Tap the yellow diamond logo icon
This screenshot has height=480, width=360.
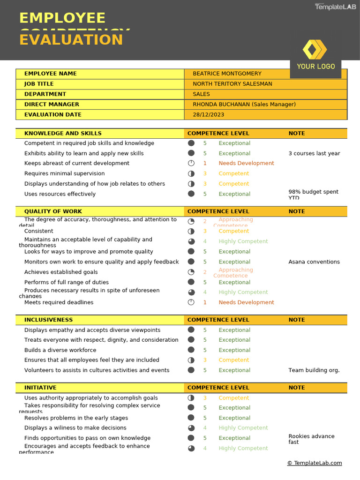point(315,50)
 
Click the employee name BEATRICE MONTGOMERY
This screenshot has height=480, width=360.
point(227,74)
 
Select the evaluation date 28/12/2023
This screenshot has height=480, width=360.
point(208,114)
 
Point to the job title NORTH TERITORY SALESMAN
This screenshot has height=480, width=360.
point(232,84)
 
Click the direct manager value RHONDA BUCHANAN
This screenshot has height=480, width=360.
point(244,104)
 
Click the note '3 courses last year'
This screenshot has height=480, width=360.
point(314,153)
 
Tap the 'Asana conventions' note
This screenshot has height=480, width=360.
point(314,262)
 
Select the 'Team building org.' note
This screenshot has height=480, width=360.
point(314,370)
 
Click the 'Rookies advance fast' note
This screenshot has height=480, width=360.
point(311,439)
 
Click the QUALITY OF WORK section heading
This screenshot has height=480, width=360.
point(53,211)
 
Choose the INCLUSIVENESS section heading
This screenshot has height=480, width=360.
point(48,320)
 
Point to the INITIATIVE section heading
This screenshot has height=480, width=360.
point(40,388)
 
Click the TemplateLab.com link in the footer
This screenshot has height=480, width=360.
point(315,463)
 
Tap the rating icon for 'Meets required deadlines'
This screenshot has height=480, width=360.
point(191,302)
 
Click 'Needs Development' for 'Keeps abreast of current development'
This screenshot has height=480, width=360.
point(246,163)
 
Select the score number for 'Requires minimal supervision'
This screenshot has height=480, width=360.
point(205,173)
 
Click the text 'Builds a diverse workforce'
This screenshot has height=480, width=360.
point(60,350)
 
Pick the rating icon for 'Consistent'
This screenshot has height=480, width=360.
point(191,231)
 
